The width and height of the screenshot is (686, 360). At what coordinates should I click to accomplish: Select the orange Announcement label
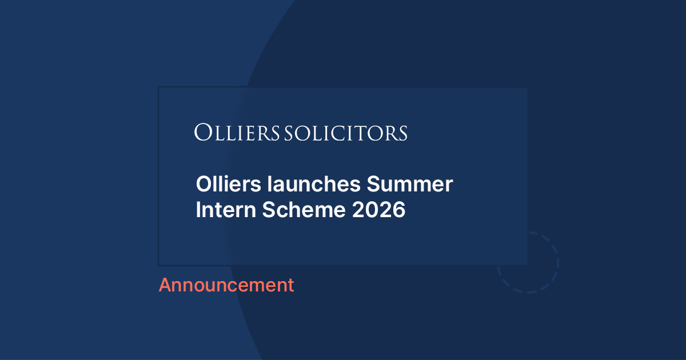(x=226, y=285)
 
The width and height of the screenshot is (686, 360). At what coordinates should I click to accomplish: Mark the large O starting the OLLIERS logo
(x=201, y=133)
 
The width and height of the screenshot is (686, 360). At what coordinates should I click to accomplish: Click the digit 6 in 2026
(x=399, y=210)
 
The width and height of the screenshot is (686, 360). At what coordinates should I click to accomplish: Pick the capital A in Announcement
(x=165, y=285)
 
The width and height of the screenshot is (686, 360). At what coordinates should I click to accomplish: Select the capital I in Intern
(x=198, y=210)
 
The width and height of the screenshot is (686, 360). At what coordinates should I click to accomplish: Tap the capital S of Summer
(x=373, y=185)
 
